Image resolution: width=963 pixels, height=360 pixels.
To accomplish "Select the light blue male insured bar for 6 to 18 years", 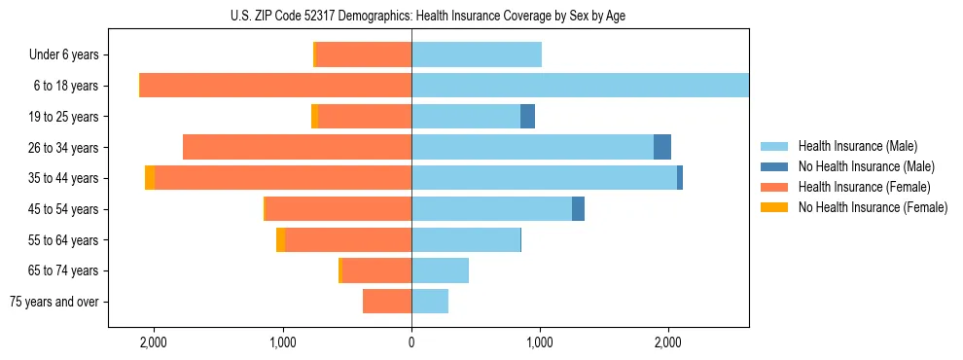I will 580,86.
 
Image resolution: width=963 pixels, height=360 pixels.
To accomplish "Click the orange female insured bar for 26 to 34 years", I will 297,147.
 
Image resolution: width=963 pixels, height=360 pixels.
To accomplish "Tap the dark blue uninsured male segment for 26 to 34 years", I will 661,147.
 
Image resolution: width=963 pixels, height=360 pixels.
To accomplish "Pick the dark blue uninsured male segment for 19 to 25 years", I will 527,117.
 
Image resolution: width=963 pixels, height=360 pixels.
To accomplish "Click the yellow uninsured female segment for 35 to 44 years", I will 150,178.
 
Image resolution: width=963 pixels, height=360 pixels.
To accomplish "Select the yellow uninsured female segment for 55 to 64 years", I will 280,239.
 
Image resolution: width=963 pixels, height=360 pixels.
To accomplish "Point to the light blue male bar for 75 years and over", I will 430,302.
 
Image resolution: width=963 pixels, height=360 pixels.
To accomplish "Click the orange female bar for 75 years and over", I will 387,302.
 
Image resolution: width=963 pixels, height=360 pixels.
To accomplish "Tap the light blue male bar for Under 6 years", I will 477,54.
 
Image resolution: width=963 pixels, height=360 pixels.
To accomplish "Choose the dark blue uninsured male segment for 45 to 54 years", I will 578,209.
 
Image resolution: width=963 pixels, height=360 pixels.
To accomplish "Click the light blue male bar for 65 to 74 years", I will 440,270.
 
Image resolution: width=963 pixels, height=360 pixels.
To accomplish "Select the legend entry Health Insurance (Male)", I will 857,146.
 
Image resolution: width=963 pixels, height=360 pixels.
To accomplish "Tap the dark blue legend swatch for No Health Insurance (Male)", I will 774,166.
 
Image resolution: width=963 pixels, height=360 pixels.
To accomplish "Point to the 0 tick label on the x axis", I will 411,342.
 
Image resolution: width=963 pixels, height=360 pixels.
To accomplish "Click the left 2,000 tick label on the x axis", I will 154,342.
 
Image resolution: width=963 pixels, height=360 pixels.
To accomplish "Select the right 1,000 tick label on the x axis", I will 540,342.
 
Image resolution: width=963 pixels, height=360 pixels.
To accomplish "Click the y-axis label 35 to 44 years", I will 65,178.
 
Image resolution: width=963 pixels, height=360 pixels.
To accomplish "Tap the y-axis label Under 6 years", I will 64,54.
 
